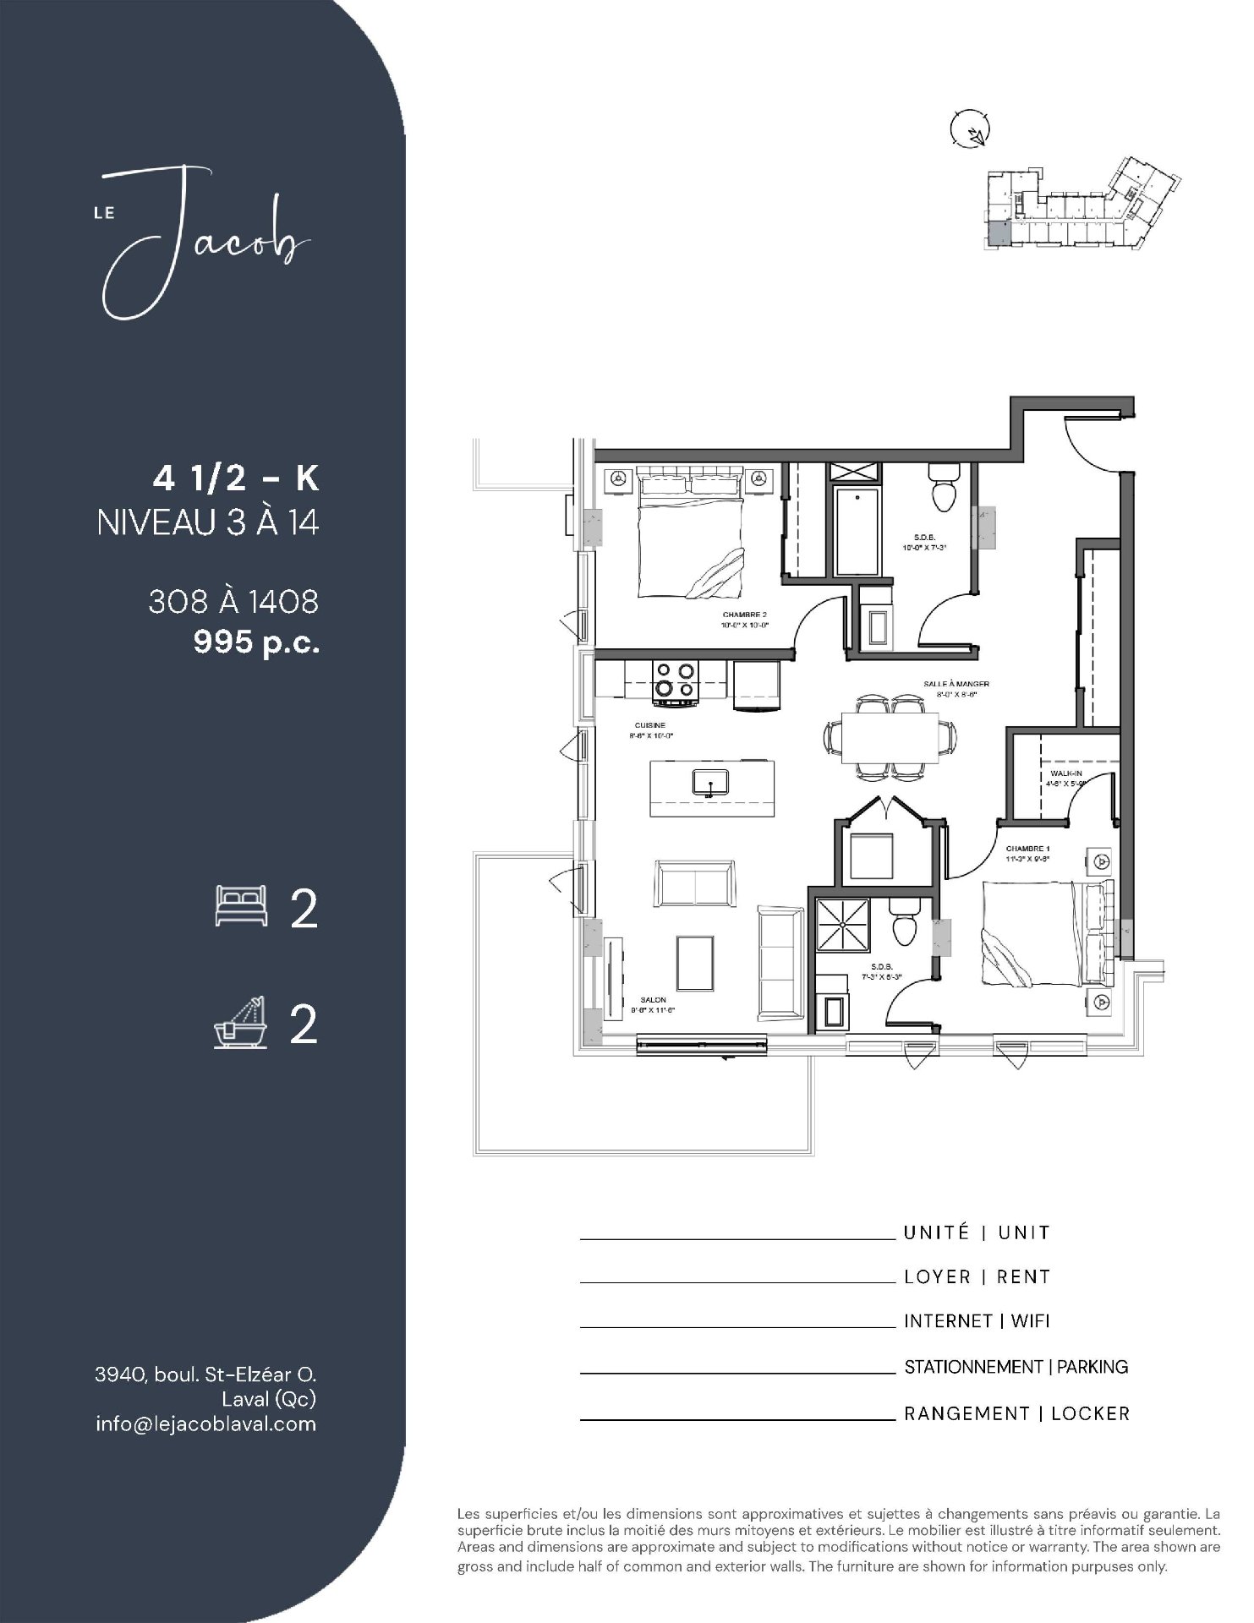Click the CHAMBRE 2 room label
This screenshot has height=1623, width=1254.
pos(744,615)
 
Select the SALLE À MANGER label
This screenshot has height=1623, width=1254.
pos(956,684)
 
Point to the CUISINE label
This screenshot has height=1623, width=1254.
pos(649,725)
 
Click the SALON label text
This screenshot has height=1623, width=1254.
pos(653,999)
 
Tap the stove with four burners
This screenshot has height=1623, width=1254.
pos(676,681)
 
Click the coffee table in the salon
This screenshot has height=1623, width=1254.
pos(700,961)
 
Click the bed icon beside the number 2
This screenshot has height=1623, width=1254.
pos(242,906)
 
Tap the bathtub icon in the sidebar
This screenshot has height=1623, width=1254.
pos(241,1024)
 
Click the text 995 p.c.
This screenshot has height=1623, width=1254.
pos(256,642)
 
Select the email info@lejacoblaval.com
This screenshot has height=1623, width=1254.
pos(205,1424)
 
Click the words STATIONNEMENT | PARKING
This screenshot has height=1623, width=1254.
pos(1016,1367)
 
